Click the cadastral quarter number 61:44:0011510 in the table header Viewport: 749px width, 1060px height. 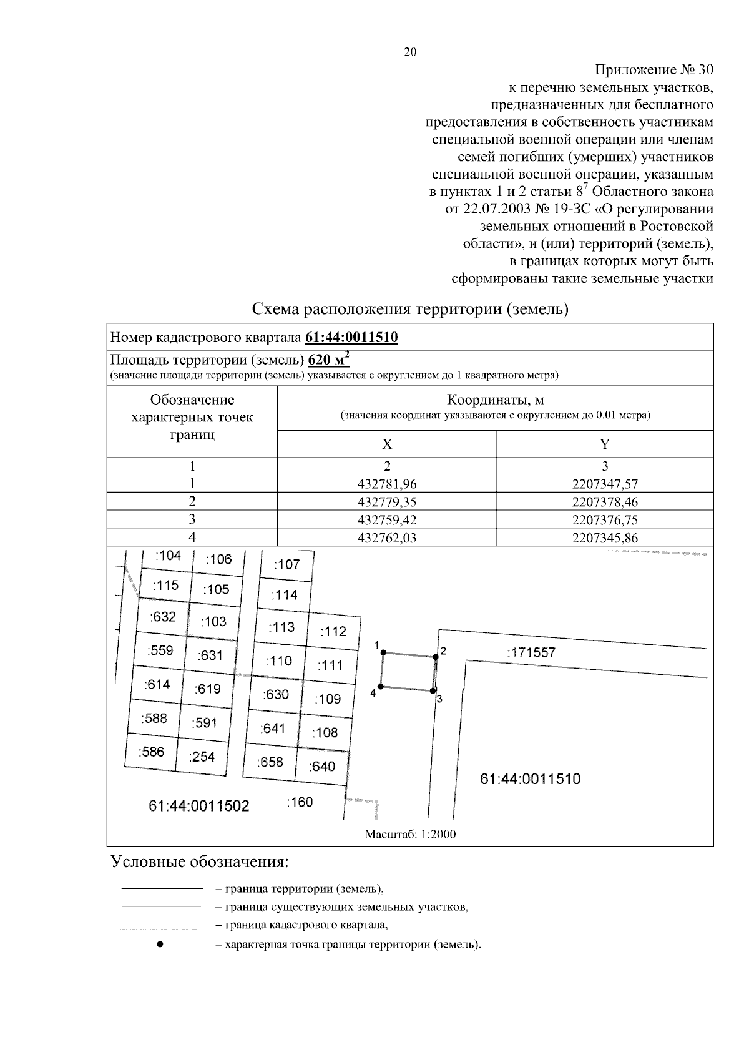[351, 338]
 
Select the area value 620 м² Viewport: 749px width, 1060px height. [328, 360]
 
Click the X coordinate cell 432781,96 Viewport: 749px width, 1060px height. [387, 484]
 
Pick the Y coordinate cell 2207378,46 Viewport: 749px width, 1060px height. [605, 502]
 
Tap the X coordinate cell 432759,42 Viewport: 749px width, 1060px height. [387, 520]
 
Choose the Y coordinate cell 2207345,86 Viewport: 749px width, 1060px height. [605, 538]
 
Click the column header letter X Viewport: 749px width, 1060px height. [387, 444]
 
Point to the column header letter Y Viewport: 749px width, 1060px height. [605, 444]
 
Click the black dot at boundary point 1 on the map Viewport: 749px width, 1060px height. [383, 653]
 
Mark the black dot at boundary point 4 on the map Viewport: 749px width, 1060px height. [380, 687]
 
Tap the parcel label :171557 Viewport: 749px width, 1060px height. [531, 653]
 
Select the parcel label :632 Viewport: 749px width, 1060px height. [163, 617]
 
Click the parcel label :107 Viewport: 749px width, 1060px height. [287, 564]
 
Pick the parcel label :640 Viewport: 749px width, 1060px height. [322, 766]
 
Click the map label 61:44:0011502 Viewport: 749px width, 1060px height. [198, 806]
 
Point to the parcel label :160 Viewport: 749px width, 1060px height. [300, 802]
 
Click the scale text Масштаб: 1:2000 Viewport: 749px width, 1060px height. [410, 834]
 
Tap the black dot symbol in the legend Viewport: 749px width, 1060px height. [160, 945]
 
